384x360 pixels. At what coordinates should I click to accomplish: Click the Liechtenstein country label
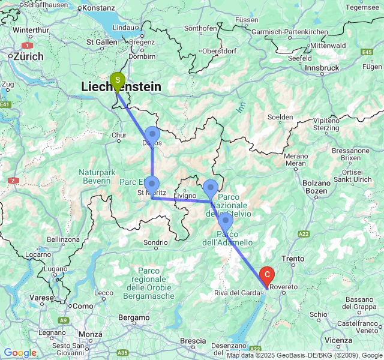[121, 88]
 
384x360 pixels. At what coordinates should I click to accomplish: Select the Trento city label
[293, 259]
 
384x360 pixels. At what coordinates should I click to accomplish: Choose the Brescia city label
[193, 341]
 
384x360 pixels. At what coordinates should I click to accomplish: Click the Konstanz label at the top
[99, 8]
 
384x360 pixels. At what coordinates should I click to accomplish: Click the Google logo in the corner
[20, 353]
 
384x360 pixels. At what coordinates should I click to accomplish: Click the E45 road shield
[367, 53]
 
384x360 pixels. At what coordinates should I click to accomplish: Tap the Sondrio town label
[155, 243]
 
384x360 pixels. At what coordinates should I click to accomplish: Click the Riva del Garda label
[238, 293]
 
